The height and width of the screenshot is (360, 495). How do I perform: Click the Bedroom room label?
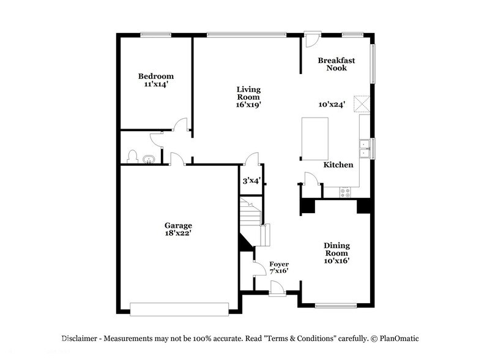click(x=155, y=76)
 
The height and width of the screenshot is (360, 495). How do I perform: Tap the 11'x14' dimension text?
click(x=155, y=84)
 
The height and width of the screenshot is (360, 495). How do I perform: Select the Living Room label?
click(x=248, y=93)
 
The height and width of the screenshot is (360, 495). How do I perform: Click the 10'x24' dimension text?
click(x=332, y=104)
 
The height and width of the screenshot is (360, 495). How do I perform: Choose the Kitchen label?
click(x=338, y=165)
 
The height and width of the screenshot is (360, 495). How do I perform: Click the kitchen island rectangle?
click(x=314, y=138)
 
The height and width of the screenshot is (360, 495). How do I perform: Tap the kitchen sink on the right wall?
click(x=365, y=149)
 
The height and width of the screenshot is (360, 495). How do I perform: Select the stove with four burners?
click(x=345, y=192)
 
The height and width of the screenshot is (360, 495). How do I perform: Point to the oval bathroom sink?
click(x=148, y=160)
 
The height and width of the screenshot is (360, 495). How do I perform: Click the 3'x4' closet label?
click(x=250, y=181)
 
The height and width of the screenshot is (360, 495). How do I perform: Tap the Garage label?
click(x=178, y=225)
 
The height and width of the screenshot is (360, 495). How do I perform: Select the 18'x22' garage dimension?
click(x=178, y=233)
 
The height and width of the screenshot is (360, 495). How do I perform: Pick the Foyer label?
click(x=279, y=264)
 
